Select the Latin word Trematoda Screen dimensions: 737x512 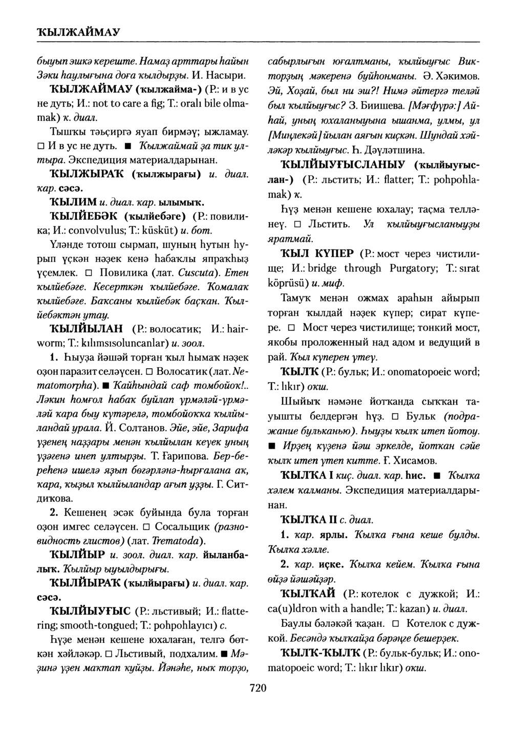pyautogui.click(x=178, y=541)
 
